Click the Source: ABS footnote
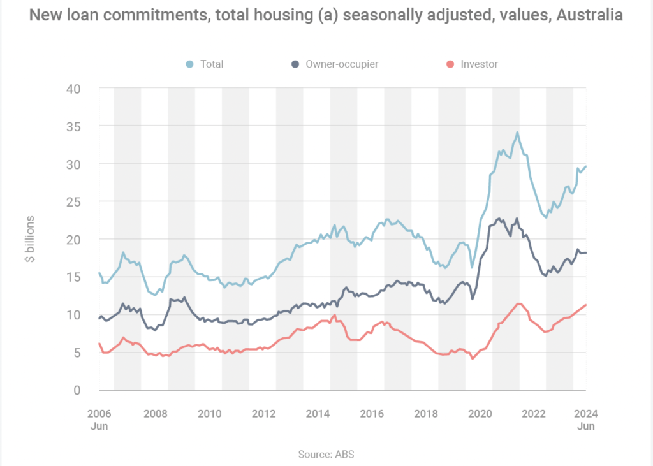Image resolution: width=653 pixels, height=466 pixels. (326, 455)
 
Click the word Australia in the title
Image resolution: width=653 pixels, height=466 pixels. (589, 15)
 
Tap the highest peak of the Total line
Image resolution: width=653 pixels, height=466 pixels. (517, 133)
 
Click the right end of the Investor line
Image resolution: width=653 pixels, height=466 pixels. (586, 305)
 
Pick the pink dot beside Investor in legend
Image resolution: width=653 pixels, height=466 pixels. (450, 64)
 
